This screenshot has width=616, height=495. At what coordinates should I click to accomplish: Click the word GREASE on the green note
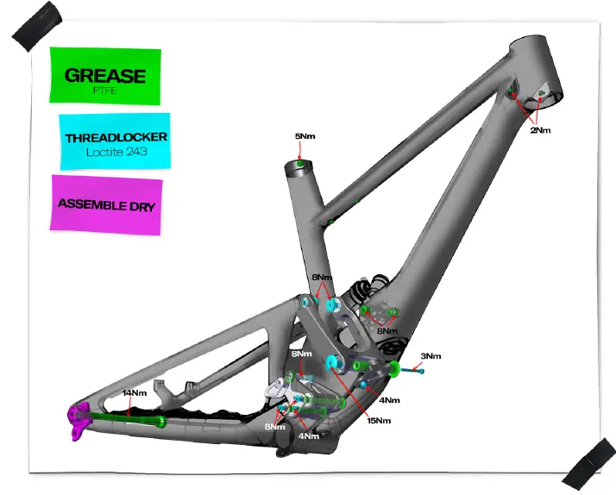104,75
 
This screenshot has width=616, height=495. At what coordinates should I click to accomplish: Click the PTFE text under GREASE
104,89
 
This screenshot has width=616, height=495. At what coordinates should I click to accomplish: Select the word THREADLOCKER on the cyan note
116,137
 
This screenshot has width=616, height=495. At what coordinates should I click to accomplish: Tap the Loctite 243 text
115,153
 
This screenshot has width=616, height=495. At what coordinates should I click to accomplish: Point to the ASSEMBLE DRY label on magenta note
106,204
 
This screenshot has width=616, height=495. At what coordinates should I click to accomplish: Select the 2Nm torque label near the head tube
540,130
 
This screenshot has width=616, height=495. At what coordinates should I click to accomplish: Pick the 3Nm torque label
431,356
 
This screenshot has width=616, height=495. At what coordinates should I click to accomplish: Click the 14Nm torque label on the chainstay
134,392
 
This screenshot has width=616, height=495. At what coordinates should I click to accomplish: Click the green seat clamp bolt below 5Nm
299,164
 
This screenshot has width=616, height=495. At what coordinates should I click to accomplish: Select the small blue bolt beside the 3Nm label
412,370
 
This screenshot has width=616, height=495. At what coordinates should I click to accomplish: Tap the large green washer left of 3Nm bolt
395,370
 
